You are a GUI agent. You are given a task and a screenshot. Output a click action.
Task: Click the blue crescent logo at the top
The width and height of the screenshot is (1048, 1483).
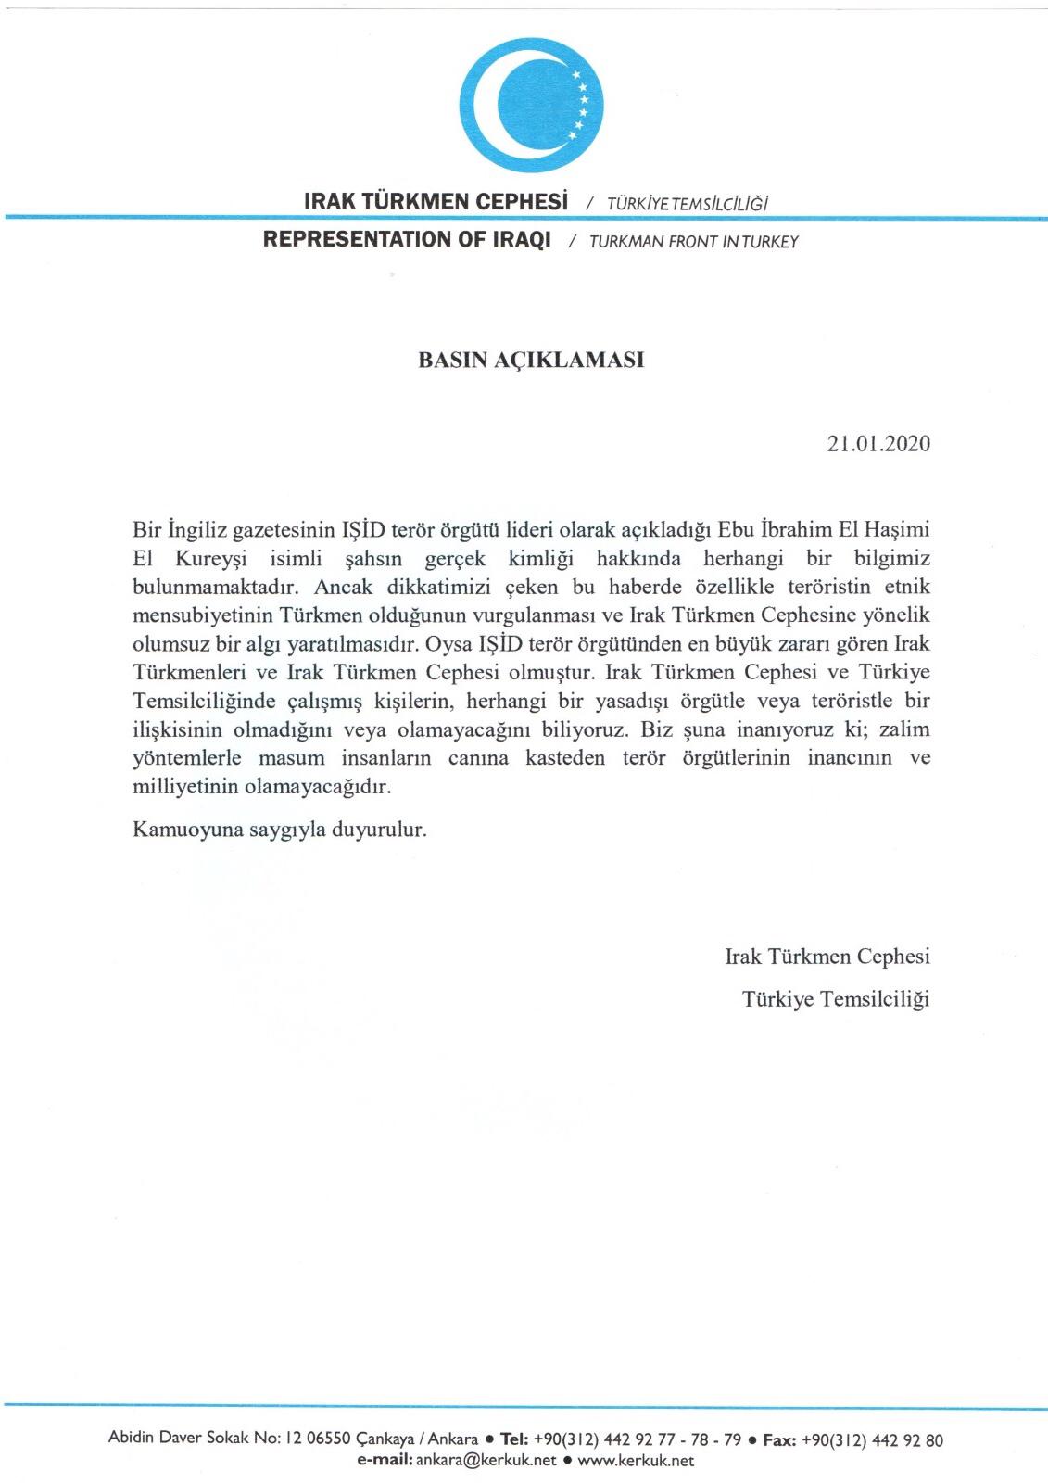tap(531, 104)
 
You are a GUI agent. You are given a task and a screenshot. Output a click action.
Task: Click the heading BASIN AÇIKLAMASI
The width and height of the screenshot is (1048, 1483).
tap(531, 360)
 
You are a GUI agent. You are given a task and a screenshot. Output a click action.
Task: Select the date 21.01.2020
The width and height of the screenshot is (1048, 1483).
tap(878, 443)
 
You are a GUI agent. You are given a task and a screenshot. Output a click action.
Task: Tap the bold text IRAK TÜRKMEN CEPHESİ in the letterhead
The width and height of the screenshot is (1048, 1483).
tap(436, 201)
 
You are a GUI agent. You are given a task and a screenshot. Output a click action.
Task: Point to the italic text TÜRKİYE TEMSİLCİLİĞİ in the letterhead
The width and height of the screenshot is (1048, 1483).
tap(688, 203)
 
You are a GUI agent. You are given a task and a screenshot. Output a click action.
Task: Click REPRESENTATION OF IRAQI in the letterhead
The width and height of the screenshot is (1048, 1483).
tap(407, 239)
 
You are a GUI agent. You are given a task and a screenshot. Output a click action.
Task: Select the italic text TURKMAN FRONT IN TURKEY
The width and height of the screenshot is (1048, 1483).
tap(693, 242)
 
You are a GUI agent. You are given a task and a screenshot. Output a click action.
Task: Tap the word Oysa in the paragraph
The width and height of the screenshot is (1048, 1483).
tap(448, 643)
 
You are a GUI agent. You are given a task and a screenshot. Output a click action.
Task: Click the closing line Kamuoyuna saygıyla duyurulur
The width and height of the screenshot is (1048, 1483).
tap(280, 829)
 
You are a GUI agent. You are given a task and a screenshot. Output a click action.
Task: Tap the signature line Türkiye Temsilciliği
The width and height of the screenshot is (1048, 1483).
tap(836, 998)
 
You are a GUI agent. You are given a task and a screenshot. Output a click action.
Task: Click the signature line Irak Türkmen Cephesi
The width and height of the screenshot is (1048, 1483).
tap(827, 956)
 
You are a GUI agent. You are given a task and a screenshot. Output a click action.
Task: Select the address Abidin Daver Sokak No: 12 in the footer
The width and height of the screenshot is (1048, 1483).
tap(205, 1439)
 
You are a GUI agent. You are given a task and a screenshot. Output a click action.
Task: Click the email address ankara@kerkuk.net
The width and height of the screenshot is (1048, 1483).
tap(486, 1461)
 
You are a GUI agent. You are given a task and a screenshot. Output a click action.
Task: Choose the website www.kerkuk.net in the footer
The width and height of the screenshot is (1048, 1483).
tap(636, 1461)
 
